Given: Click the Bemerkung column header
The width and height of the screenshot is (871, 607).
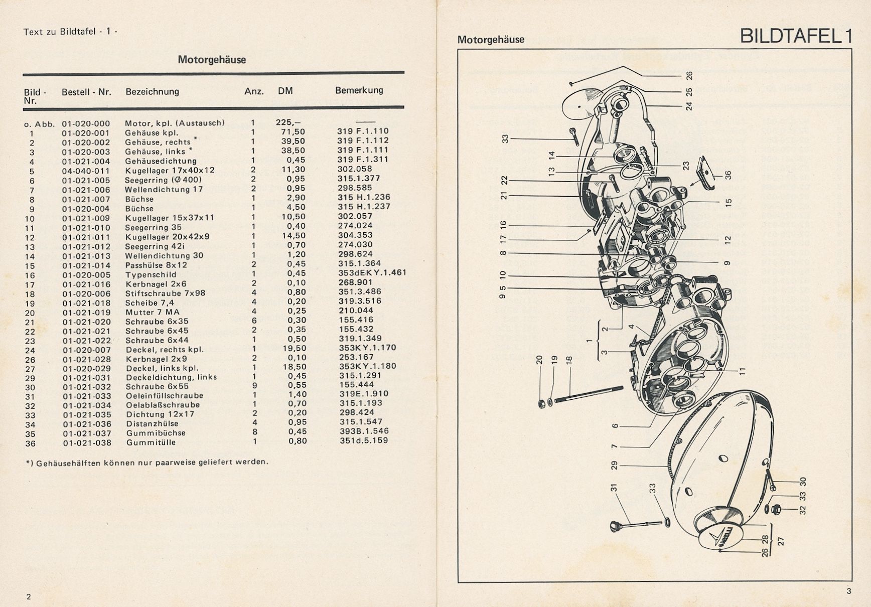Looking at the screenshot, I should coord(359,90).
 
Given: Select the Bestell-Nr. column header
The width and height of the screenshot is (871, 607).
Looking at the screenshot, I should coord(86,92).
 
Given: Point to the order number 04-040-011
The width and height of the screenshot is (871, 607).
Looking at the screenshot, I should coord(86,171).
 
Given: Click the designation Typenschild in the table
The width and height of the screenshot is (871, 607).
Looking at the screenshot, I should coord(151,275).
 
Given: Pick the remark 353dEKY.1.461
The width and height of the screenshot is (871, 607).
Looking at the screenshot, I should coord(372,273).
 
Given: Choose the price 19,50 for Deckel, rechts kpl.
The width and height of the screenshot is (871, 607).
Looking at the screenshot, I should coord(295,348).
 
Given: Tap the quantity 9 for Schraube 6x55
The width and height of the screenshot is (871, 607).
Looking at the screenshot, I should coord(253,386).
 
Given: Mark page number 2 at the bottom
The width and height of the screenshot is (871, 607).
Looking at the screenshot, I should coord(29,596).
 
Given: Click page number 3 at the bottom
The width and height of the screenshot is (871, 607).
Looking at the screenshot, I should coord(848,591).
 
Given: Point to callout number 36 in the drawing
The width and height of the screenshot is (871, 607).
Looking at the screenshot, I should coord(729,175).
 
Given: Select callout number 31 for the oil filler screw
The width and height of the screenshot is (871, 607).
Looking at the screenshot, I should coord(613,487).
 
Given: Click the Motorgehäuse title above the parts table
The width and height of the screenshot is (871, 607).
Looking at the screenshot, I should coord(212,60).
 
